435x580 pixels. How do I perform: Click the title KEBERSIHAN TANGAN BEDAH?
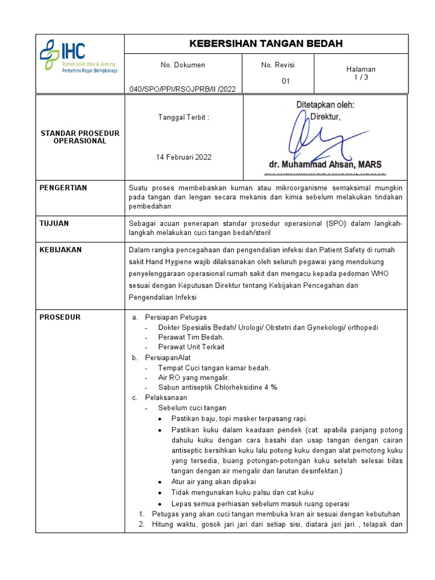click(x=266, y=44)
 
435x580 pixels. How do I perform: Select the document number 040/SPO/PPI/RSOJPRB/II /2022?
click(x=182, y=88)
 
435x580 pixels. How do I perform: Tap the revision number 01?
click(x=286, y=81)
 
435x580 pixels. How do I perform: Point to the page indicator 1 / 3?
click(x=360, y=78)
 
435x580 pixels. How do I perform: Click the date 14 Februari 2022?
click(x=184, y=157)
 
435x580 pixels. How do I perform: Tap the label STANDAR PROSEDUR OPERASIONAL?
click(x=80, y=137)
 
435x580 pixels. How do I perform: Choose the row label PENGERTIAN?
click(x=63, y=187)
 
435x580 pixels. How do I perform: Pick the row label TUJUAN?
click(x=54, y=223)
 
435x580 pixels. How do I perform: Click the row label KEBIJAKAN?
click(x=60, y=250)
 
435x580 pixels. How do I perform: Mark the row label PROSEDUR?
click(x=59, y=317)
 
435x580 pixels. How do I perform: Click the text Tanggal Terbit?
click(x=183, y=117)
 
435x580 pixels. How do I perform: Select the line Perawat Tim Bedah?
click(x=191, y=337)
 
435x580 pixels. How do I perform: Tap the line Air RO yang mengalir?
click(x=194, y=377)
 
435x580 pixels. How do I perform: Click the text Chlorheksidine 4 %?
click(x=245, y=387)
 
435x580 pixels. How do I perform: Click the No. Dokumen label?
click(x=183, y=65)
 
